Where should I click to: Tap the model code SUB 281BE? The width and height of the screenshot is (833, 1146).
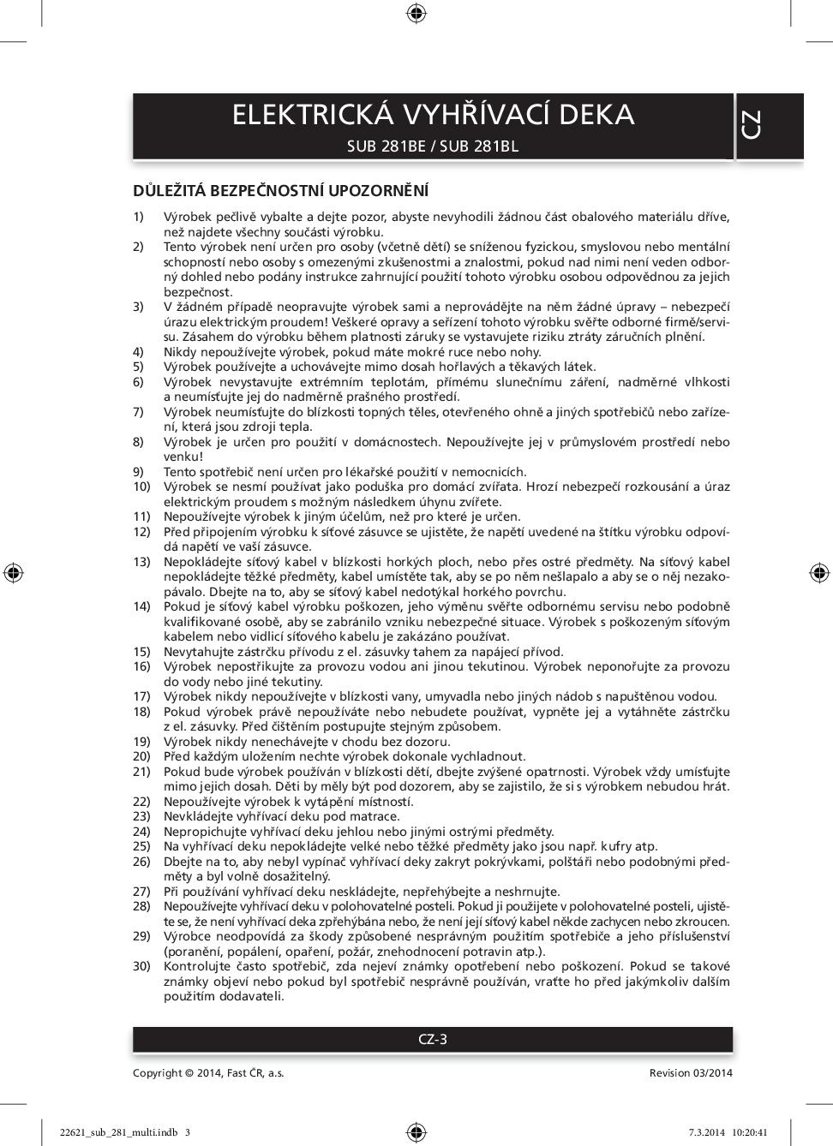pos(386,146)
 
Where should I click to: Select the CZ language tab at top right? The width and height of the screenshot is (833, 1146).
pos(751,126)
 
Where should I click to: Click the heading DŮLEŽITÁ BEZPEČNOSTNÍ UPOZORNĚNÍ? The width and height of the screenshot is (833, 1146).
pos(280,190)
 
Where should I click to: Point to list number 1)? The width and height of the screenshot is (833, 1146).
pos(139,217)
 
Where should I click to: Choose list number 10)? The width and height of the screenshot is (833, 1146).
pos(141,486)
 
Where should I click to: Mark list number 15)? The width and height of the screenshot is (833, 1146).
pos(141,652)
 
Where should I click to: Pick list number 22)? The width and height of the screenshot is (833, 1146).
pos(141,802)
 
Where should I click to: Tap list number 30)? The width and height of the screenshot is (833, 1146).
pos(141,966)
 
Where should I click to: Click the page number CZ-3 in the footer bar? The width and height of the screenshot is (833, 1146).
pos(433,1039)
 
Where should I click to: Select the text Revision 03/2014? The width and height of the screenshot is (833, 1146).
pos(691,1072)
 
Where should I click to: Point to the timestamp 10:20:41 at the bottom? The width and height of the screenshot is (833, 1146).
pos(750,1131)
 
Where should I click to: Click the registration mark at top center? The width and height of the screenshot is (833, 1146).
pos(416,12)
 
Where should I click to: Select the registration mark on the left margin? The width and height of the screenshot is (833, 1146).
pos(13,572)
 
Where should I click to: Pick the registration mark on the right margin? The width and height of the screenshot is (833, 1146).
pos(818,572)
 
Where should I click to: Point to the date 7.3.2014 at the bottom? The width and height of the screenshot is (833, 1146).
pos(706,1131)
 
